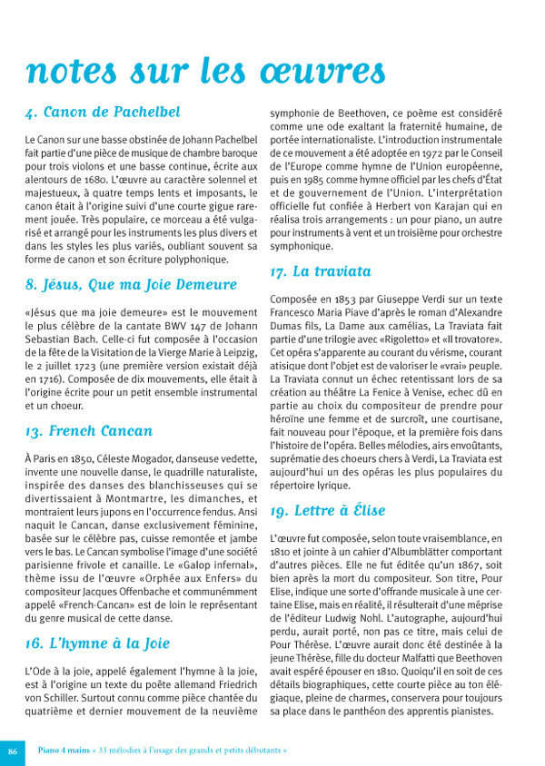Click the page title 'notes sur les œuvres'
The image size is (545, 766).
click(x=193, y=69)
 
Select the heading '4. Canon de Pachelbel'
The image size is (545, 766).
click(x=103, y=113)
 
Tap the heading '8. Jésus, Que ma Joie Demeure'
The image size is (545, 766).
click(x=131, y=285)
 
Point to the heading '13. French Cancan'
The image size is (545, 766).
click(x=89, y=430)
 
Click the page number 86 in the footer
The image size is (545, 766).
click(x=13, y=751)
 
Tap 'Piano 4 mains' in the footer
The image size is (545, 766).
click(x=63, y=751)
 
